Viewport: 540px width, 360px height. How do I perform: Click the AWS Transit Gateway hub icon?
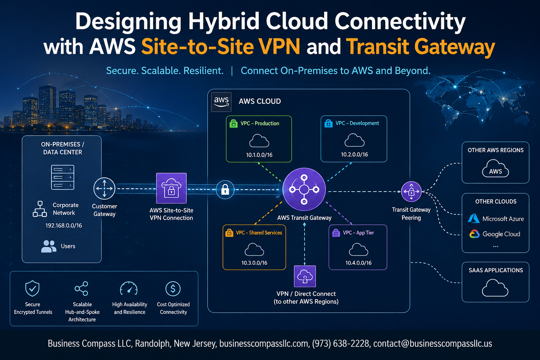304,189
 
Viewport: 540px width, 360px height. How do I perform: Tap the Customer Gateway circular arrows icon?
104,188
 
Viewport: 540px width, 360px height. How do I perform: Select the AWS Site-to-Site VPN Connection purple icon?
171,188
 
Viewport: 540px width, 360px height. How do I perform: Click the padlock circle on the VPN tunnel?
225,189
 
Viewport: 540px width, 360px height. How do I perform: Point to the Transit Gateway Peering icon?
411,192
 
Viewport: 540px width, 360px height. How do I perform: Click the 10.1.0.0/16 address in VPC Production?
259,155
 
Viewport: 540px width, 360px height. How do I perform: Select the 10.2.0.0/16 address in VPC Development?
354,155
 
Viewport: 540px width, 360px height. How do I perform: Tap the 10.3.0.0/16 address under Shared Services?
254,263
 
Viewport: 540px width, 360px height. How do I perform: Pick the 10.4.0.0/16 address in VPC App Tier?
359,263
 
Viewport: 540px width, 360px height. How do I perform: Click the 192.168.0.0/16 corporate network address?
64,225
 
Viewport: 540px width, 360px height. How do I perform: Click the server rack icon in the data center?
63,177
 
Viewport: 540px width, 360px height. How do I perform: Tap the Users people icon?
49,246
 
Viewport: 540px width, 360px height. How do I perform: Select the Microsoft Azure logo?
474,218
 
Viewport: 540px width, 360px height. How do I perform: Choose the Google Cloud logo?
474,234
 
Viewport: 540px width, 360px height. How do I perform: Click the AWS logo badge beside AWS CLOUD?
221,102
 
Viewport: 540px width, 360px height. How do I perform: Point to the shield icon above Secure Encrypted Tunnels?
32,288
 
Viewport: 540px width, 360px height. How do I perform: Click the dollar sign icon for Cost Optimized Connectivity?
173,289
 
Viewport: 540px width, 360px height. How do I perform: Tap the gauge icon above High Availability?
129,288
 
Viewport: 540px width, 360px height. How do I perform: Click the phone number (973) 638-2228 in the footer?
341,343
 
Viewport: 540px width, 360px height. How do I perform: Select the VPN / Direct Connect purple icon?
305,276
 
